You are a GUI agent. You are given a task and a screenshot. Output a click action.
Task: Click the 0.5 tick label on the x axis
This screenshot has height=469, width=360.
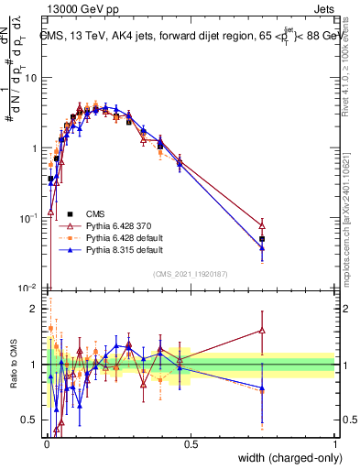coord(191,443)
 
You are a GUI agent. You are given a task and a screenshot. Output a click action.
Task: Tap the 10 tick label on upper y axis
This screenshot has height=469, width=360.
coord(30,77)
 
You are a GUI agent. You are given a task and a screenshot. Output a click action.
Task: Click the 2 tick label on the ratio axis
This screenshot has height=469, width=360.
coord(33,309)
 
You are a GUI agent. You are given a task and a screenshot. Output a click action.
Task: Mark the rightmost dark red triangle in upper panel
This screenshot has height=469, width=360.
coord(263,224)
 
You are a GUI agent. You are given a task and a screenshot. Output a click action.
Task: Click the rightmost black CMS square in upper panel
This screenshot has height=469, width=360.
coord(263,239)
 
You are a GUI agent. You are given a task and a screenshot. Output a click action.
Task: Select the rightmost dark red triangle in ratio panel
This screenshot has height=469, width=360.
coord(263,331)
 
